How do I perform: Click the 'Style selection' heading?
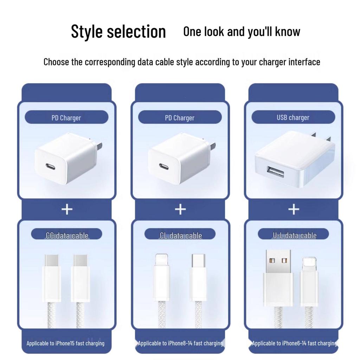click(118, 31)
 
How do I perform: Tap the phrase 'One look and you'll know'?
click(242, 31)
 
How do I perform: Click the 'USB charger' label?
click(293, 117)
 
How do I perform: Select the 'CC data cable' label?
click(67, 236)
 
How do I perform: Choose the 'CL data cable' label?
click(181, 236)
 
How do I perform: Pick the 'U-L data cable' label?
click(295, 235)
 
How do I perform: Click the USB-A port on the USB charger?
click(275, 172)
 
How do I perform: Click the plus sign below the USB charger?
click(294, 210)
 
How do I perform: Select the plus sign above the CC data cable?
click(67, 210)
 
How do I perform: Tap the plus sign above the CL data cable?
click(180, 210)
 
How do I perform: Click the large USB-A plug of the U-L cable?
click(278, 278)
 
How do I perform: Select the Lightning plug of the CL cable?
click(162, 277)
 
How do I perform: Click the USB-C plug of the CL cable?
click(198, 277)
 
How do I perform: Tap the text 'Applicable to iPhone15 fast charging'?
click(65, 343)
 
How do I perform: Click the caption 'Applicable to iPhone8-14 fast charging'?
click(180, 343)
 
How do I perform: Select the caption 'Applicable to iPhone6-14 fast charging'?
click(295, 343)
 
